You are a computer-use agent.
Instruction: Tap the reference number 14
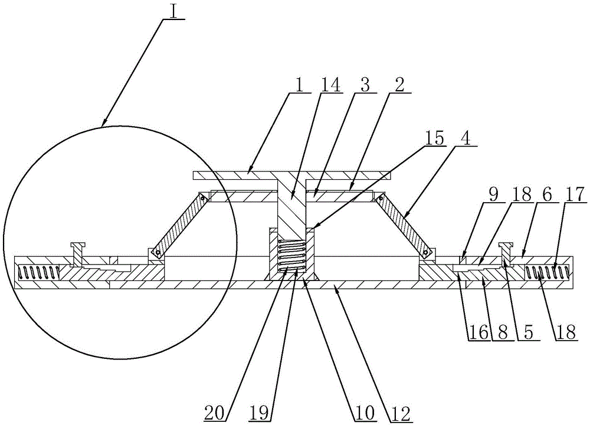click(330, 85)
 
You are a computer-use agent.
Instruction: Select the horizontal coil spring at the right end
click(547, 272)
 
